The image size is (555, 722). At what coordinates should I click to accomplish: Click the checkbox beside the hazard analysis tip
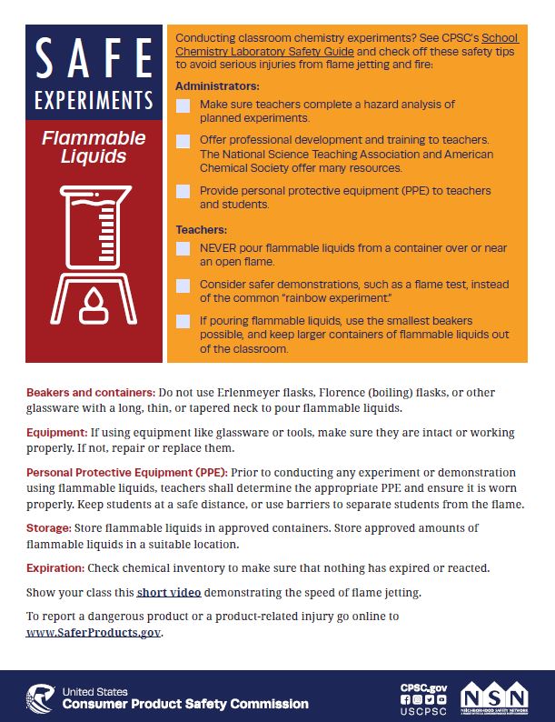pos(183,105)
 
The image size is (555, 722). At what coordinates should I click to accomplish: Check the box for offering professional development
pos(183,141)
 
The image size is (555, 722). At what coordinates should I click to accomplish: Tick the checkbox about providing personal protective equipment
pos(183,192)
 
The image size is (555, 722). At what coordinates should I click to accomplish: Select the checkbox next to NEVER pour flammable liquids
pos(183,248)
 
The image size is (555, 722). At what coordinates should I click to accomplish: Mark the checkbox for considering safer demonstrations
pos(183,285)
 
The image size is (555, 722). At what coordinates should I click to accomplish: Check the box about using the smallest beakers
pos(183,321)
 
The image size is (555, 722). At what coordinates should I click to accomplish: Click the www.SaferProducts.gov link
pos(94,633)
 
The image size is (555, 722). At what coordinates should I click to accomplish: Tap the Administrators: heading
pos(217,86)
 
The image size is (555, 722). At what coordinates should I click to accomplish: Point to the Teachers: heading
pos(201,229)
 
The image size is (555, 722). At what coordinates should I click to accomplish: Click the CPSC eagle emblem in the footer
pos(40,698)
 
